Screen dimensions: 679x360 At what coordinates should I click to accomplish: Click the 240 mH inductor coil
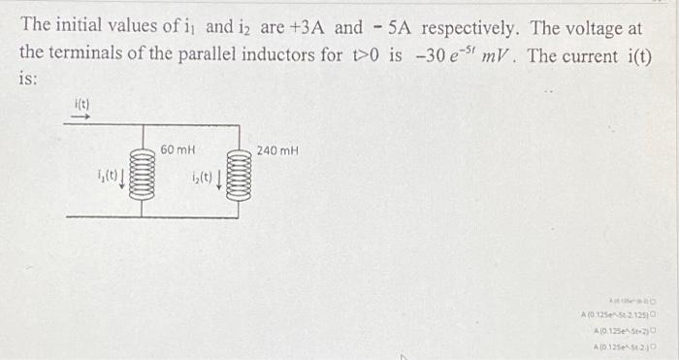(239, 177)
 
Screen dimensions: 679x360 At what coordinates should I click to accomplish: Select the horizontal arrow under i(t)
(82, 116)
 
